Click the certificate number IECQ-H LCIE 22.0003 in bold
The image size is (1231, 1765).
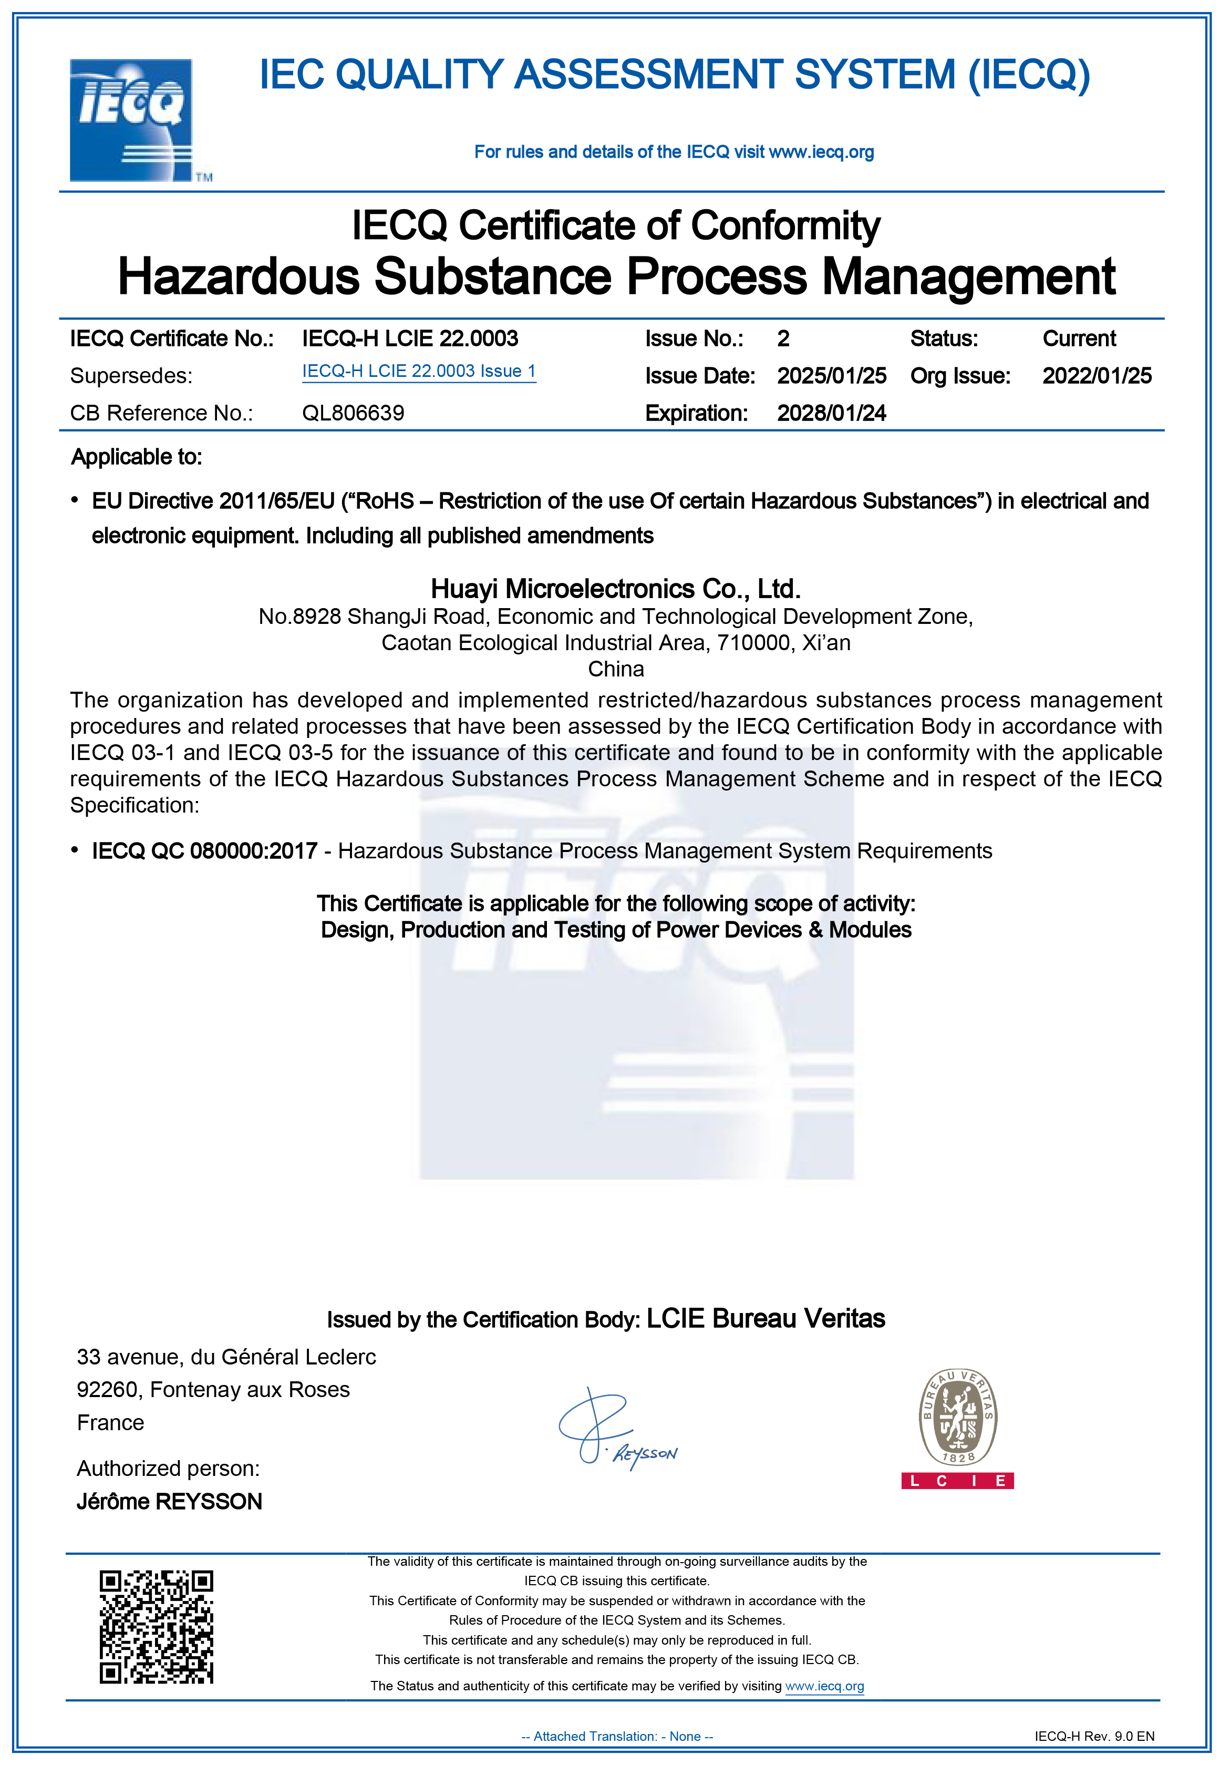410,338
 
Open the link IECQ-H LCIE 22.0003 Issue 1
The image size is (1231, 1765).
419,371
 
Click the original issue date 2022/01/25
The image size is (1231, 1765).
1096,376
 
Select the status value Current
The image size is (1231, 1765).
1079,338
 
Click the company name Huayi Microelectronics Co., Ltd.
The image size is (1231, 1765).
616,589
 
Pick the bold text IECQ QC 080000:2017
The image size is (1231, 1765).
204,851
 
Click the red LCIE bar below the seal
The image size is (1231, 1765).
957,1481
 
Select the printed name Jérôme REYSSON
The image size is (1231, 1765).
169,1501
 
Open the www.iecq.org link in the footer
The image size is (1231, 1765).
824,1686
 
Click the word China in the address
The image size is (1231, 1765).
616,669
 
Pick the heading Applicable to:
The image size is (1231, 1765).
136,457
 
